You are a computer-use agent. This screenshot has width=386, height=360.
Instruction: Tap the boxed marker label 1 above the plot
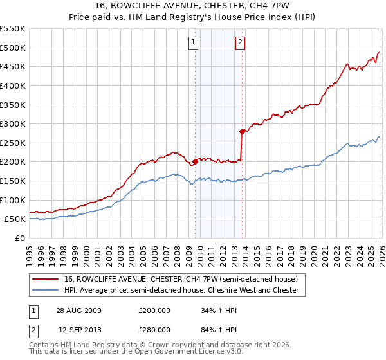click(194, 43)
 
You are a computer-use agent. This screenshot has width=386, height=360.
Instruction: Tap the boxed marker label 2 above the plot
click(240, 43)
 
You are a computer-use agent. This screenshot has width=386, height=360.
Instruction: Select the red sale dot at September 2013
click(242, 132)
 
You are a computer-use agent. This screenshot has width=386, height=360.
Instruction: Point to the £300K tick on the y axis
click(13, 123)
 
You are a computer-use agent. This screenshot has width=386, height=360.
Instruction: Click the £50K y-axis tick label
click(15, 219)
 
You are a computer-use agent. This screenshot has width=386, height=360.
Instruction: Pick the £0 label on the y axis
click(19, 238)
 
